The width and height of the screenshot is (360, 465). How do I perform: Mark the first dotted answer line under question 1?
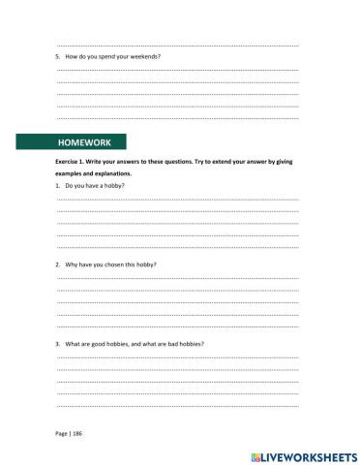point(178,199)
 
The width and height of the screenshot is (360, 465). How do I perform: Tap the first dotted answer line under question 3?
point(178,357)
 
